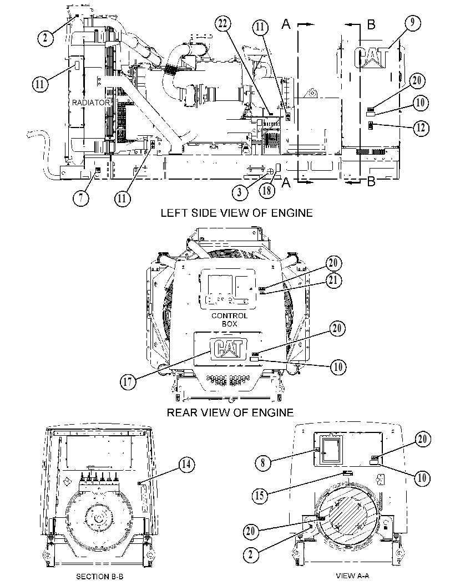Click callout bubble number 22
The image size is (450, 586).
point(223,24)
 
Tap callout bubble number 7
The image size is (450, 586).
point(81,198)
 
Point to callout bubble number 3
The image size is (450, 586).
point(239,192)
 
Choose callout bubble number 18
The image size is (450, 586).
point(267,191)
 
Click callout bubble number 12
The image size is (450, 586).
point(421,128)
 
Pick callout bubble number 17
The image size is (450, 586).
point(128,382)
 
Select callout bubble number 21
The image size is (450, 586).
point(333,280)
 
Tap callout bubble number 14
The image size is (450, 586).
point(186,465)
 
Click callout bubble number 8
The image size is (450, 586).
point(262,463)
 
